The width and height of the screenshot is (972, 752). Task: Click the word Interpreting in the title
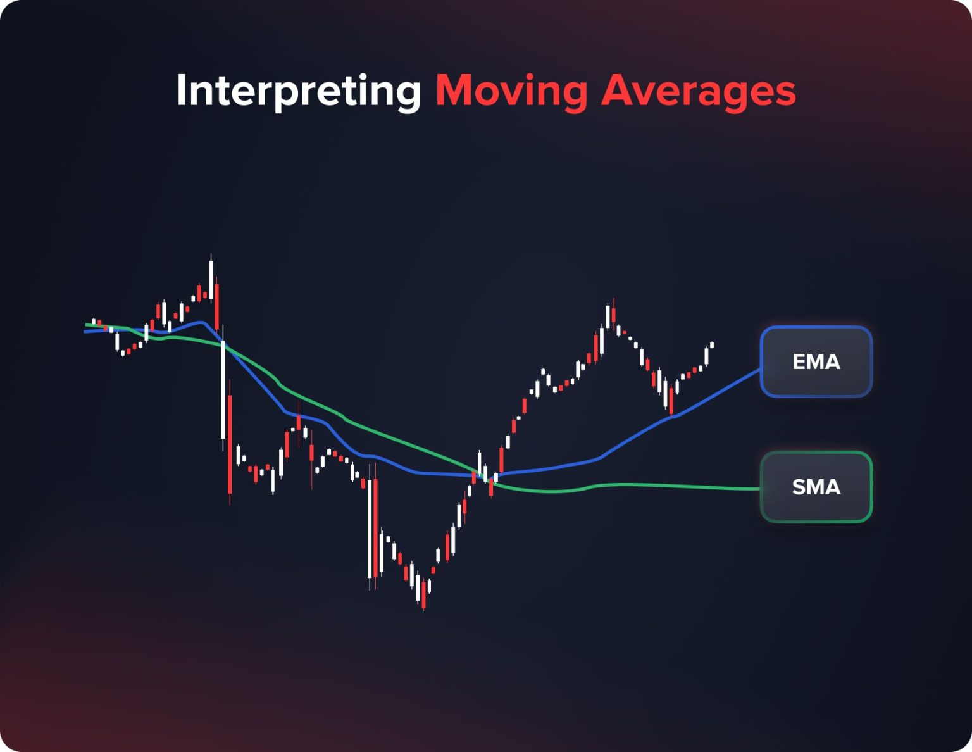coord(299,91)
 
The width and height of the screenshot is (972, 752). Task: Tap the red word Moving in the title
coord(511,91)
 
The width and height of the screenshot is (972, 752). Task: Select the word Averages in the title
coord(698,91)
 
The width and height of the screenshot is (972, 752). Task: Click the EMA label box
coord(816,361)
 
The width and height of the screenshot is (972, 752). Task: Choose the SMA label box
coord(816,487)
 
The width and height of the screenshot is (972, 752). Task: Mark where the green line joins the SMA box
coord(760,489)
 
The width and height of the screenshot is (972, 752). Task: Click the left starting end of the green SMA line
coord(87,325)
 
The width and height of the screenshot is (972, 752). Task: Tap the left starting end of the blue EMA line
coord(85,331)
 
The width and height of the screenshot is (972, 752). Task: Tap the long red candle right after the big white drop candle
coord(230,443)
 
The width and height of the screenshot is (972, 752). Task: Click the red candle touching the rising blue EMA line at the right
coord(671,403)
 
